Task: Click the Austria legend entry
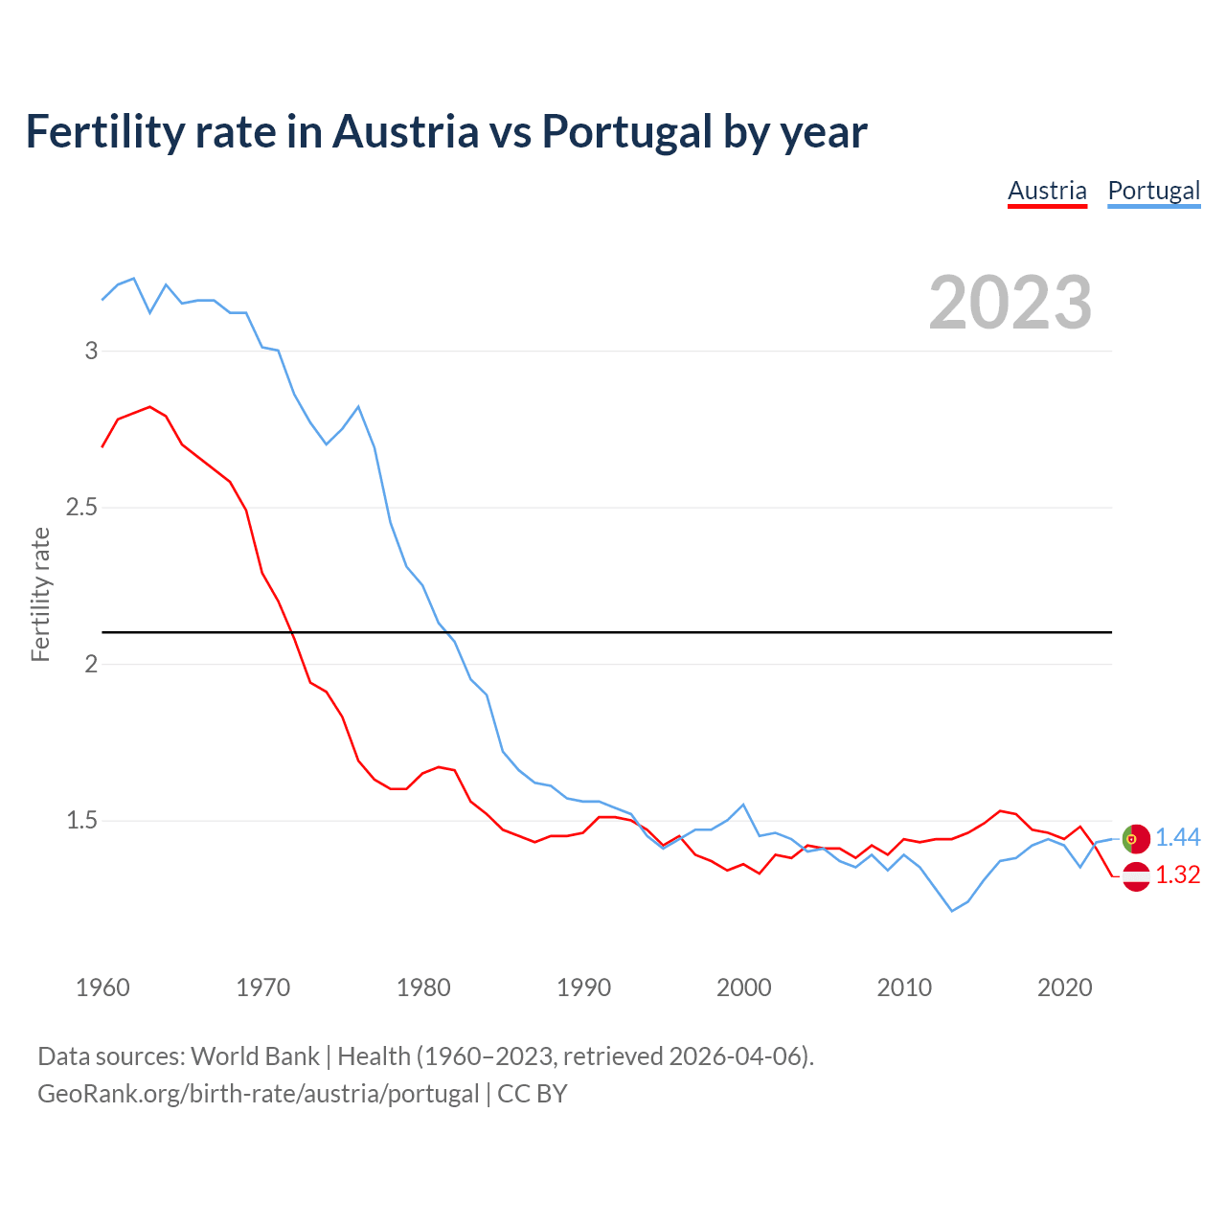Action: click(1047, 191)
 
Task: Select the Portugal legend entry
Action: click(1153, 191)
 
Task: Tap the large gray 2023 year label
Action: click(1010, 303)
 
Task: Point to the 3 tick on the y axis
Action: click(92, 351)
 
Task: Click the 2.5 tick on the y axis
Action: click(82, 507)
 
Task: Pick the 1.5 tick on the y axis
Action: click(82, 820)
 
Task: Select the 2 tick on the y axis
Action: click(92, 664)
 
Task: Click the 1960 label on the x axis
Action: click(102, 988)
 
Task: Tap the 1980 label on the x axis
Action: click(423, 988)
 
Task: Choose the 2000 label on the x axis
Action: click(743, 988)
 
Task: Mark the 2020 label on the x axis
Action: click(1064, 988)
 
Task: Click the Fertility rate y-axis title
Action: click(40, 594)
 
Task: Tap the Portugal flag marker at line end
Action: click(1135, 838)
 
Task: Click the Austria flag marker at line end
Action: click(1135, 875)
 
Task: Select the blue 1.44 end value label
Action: click(1177, 838)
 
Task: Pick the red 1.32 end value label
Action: click(1177, 875)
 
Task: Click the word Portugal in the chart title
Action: click(626, 131)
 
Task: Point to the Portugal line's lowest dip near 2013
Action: click(952, 910)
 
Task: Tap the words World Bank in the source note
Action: click(255, 1056)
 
